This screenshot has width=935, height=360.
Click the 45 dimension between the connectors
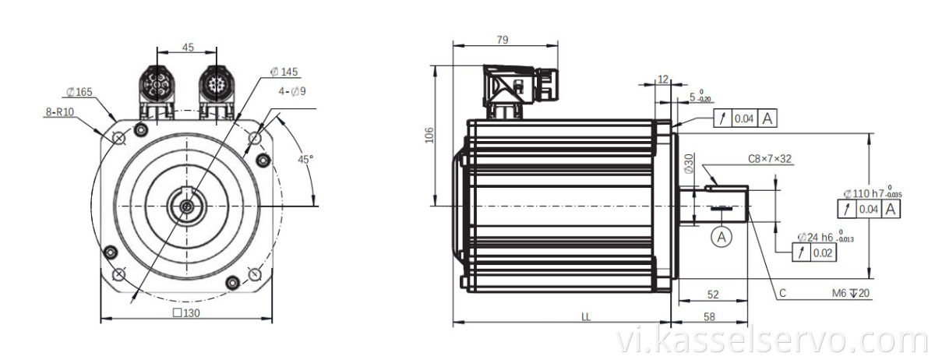click(x=188, y=48)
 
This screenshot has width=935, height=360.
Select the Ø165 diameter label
click(x=79, y=92)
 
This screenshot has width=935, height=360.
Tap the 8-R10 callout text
click(x=58, y=112)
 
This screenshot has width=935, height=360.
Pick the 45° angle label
click(x=305, y=159)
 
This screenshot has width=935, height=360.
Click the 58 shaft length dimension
click(x=709, y=317)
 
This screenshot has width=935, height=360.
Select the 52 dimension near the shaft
click(x=713, y=294)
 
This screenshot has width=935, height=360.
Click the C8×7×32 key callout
click(x=770, y=159)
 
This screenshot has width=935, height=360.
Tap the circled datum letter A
click(x=722, y=236)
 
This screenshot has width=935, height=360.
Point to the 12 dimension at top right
click(x=663, y=79)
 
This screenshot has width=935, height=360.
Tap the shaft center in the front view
click(x=187, y=206)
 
